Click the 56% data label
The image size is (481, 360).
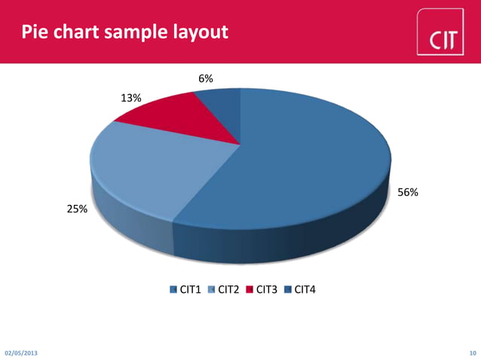pyautogui.click(x=408, y=193)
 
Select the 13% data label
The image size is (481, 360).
pyautogui.click(x=130, y=98)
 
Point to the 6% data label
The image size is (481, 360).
pyautogui.click(x=205, y=78)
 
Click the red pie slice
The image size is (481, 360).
pyautogui.click(x=166, y=121)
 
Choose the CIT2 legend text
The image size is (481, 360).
pyautogui.click(x=228, y=289)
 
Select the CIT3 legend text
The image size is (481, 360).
pyautogui.click(x=267, y=289)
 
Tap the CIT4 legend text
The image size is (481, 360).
pyautogui.click(x=305, y=289)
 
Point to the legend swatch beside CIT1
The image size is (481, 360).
pyautogui.click(x=173, y=289)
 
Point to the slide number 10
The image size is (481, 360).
pyautogui.click(x=473, y=352)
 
